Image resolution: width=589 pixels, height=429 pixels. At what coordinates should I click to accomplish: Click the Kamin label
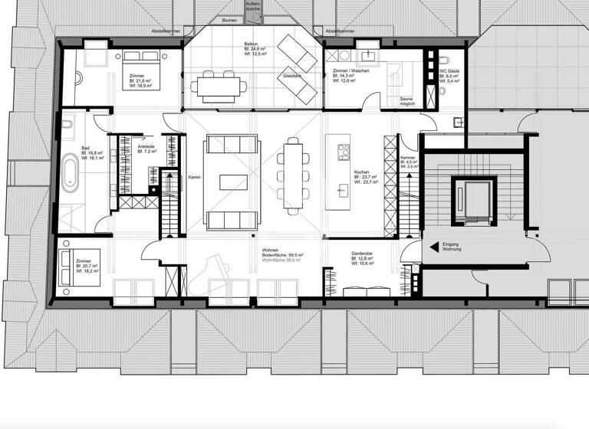[x=194, y=176]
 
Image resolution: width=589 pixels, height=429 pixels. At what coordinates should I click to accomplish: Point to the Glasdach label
[x=291, y=77]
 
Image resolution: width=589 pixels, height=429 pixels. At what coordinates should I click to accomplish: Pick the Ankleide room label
[x=146, y=146]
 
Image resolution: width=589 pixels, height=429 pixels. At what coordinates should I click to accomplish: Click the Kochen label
[x=361, y=171]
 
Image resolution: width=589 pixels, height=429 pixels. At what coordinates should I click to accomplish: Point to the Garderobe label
[x=362, y=252]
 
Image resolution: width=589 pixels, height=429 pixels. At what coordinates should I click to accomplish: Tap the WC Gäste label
[x=449, y=71]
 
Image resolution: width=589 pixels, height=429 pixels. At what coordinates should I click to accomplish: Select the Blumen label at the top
[x=229, y=21]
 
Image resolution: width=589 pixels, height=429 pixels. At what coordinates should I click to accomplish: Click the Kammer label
[x=408, y=158]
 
